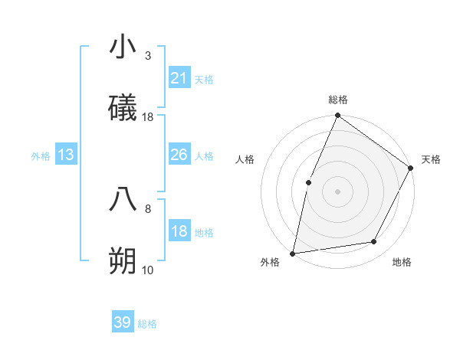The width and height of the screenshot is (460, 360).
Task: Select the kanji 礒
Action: click(x=123, y=109)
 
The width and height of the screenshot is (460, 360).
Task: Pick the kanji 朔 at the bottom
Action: click(x=123, y=261)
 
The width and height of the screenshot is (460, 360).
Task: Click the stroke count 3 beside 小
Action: click(x=148, y=55)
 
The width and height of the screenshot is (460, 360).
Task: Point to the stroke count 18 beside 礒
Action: click(x=148, y=117)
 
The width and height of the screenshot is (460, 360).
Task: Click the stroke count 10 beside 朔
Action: click(x=148, y=270)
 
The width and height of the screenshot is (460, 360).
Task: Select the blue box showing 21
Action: click(x=179, y=78)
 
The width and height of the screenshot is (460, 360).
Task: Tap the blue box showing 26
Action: click(x=179, y=155)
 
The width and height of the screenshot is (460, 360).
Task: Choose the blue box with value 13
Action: click(x=66, y=155)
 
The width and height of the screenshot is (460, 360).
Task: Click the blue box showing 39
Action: click(x=123, y=322)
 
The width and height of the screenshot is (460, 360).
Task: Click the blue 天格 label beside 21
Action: click(x=204, y=79)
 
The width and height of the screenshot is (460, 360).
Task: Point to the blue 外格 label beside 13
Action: click(x=41, y=155)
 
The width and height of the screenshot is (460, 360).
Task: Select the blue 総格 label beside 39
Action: click(x=147, y=324)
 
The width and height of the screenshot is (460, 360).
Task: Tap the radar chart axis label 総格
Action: click(x=337, y=100)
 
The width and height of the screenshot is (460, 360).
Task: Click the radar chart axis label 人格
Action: click(x=245, y=159)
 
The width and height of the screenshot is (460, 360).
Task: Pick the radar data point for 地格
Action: click(x=374, y=241)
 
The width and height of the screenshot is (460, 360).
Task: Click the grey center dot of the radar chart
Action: click(x=337, y=191)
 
